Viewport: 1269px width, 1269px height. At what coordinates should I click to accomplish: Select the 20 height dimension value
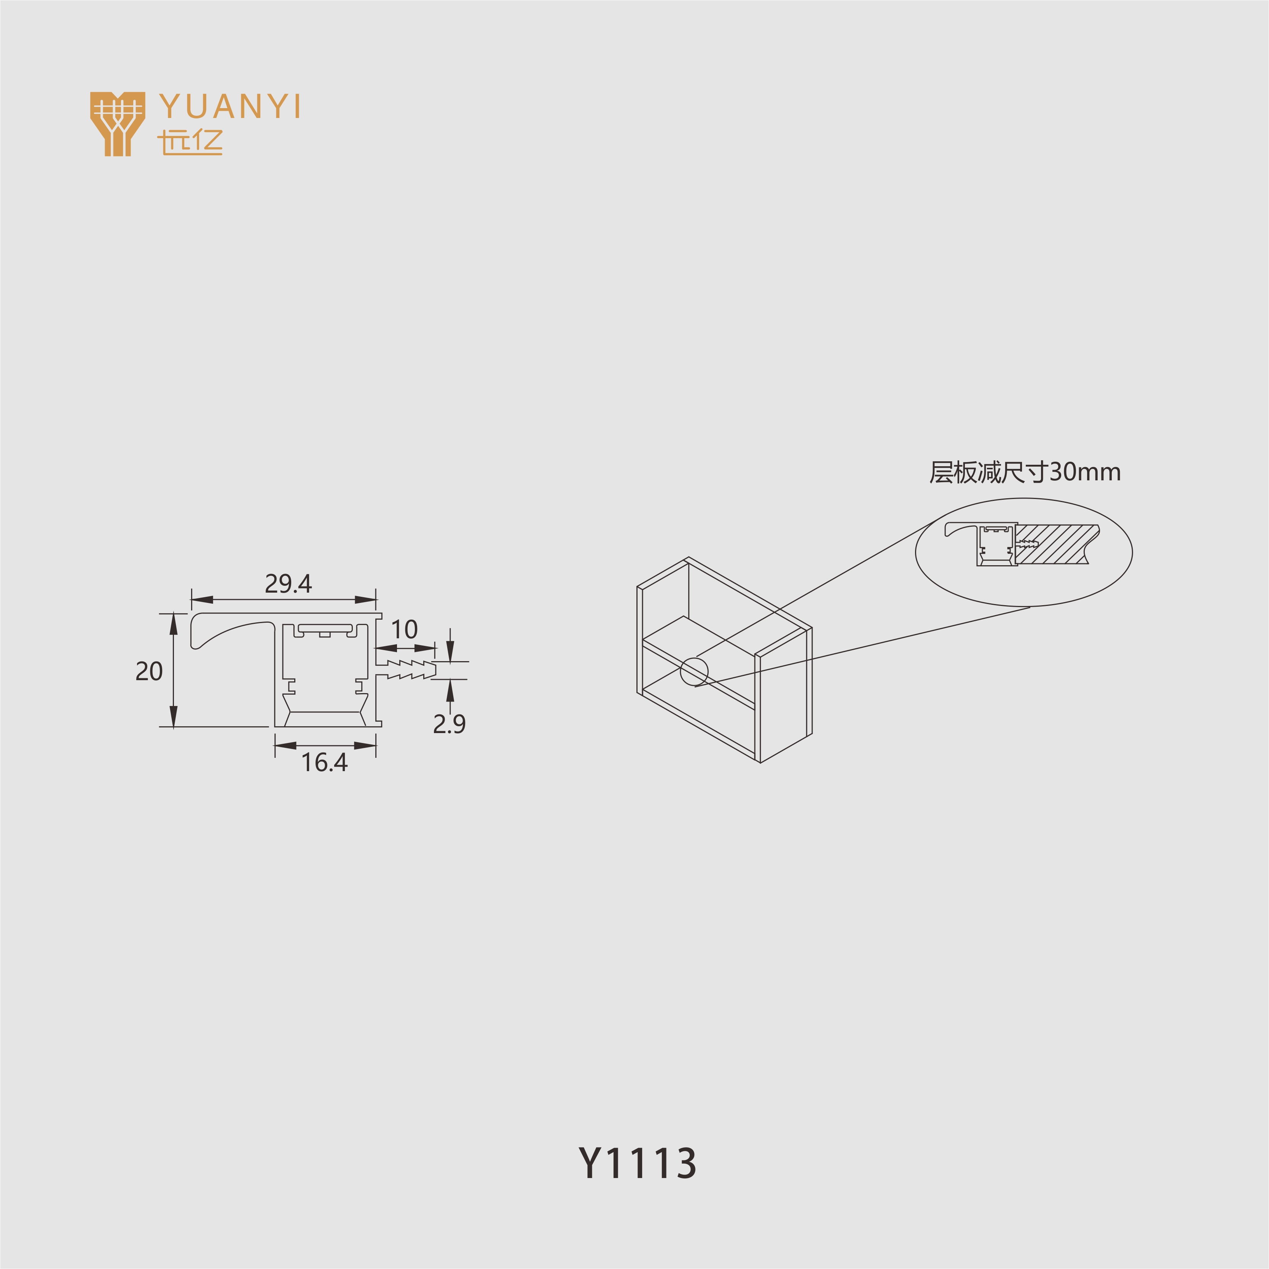[x=149, y=671]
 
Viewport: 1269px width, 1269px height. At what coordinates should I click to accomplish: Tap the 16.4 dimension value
[x=324, y=763]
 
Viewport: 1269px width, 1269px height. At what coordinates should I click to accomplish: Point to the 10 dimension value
[x=404, y=629]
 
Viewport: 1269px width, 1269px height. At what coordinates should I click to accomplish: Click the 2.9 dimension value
[x=449, y=724]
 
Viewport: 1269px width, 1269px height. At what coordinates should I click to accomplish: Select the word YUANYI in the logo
[x=230, y=107]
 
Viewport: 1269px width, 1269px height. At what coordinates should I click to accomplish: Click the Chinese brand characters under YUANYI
[x=190, y=142]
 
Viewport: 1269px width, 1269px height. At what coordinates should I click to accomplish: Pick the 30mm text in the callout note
[x=1084, y=472]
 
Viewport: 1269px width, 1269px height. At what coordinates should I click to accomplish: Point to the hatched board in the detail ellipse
[x=1054, y=544]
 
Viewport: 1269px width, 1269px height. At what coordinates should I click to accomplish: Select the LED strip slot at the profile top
[x=325, y=629]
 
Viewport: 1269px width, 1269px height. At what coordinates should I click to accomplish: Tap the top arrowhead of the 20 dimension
[x=174, y=624]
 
